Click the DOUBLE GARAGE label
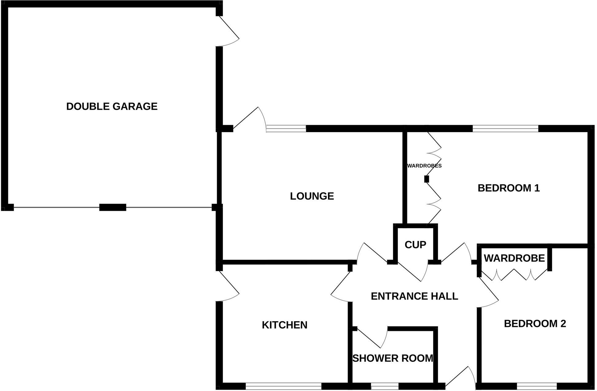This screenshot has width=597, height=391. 112,106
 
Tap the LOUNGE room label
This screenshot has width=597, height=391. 312,196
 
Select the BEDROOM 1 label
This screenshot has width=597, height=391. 509,188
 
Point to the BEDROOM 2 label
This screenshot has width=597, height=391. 535,324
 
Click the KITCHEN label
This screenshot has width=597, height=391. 284,325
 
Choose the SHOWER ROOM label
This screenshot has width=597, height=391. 392,358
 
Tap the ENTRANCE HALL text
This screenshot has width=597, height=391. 414,296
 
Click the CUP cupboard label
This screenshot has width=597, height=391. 415,245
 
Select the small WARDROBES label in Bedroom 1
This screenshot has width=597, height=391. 424,166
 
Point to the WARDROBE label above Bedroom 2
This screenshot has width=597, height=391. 514,258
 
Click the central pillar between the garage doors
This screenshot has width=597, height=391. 113,207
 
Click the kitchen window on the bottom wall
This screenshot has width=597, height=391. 283,386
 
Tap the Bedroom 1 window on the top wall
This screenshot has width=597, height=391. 505,129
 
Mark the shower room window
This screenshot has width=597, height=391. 384,386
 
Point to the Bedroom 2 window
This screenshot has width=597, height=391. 537,386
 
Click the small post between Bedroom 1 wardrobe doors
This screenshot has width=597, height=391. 426,179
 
